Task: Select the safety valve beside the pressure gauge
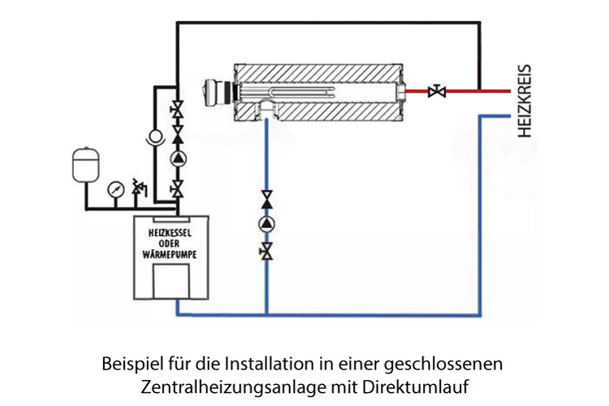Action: (x=138, y=189)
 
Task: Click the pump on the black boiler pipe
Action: (x=177, y=158)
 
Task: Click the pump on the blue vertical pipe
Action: (x=266, y=224)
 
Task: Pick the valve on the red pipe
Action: (x=438, y=92)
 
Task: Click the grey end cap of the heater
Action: (x=217, y=90)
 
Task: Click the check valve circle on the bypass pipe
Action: (x=151, y=136)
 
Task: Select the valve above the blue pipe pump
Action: (x=266, y=198)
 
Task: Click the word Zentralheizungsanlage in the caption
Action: (x=222, y=382)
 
